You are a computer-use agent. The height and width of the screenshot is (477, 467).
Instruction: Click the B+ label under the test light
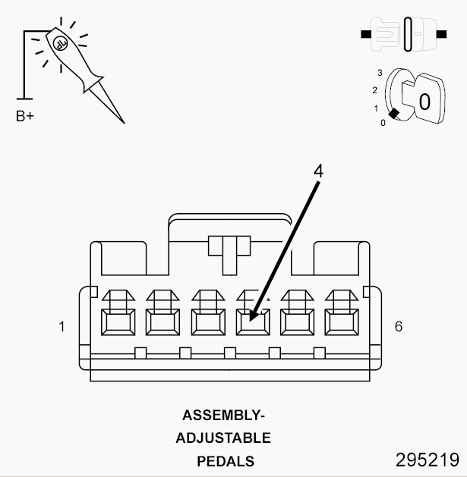[25, 117]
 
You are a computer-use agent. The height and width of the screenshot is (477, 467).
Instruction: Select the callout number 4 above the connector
[318, 171]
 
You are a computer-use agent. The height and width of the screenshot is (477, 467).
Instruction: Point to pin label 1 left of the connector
[62, 327]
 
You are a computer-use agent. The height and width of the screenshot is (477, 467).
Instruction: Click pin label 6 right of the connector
[399, 327]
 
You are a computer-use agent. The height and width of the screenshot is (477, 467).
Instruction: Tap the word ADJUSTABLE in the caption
[223, 438]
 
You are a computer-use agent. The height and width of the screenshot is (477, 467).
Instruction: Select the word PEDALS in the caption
[226, 461]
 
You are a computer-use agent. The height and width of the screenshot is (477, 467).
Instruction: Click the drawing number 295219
[427, 460]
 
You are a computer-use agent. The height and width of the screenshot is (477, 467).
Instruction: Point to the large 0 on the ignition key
[424, 102]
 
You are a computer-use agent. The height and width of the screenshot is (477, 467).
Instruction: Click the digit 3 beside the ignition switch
[380, 73]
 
